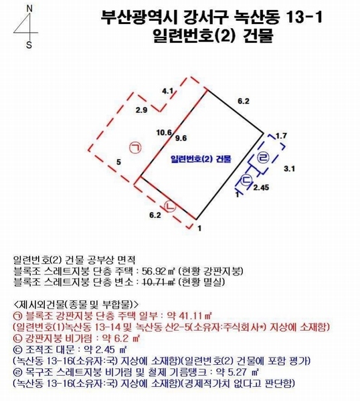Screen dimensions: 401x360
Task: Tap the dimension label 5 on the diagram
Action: [x=118, y=162]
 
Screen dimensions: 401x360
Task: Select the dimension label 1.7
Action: [x=281, y=136]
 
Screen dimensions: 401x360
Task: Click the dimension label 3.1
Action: [x=289, y=169]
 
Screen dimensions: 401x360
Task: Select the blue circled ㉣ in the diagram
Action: [x=262, y=158]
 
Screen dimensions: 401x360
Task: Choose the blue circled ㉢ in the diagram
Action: [x=247, y=179]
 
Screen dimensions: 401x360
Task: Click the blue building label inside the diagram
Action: [x=201, y=159]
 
